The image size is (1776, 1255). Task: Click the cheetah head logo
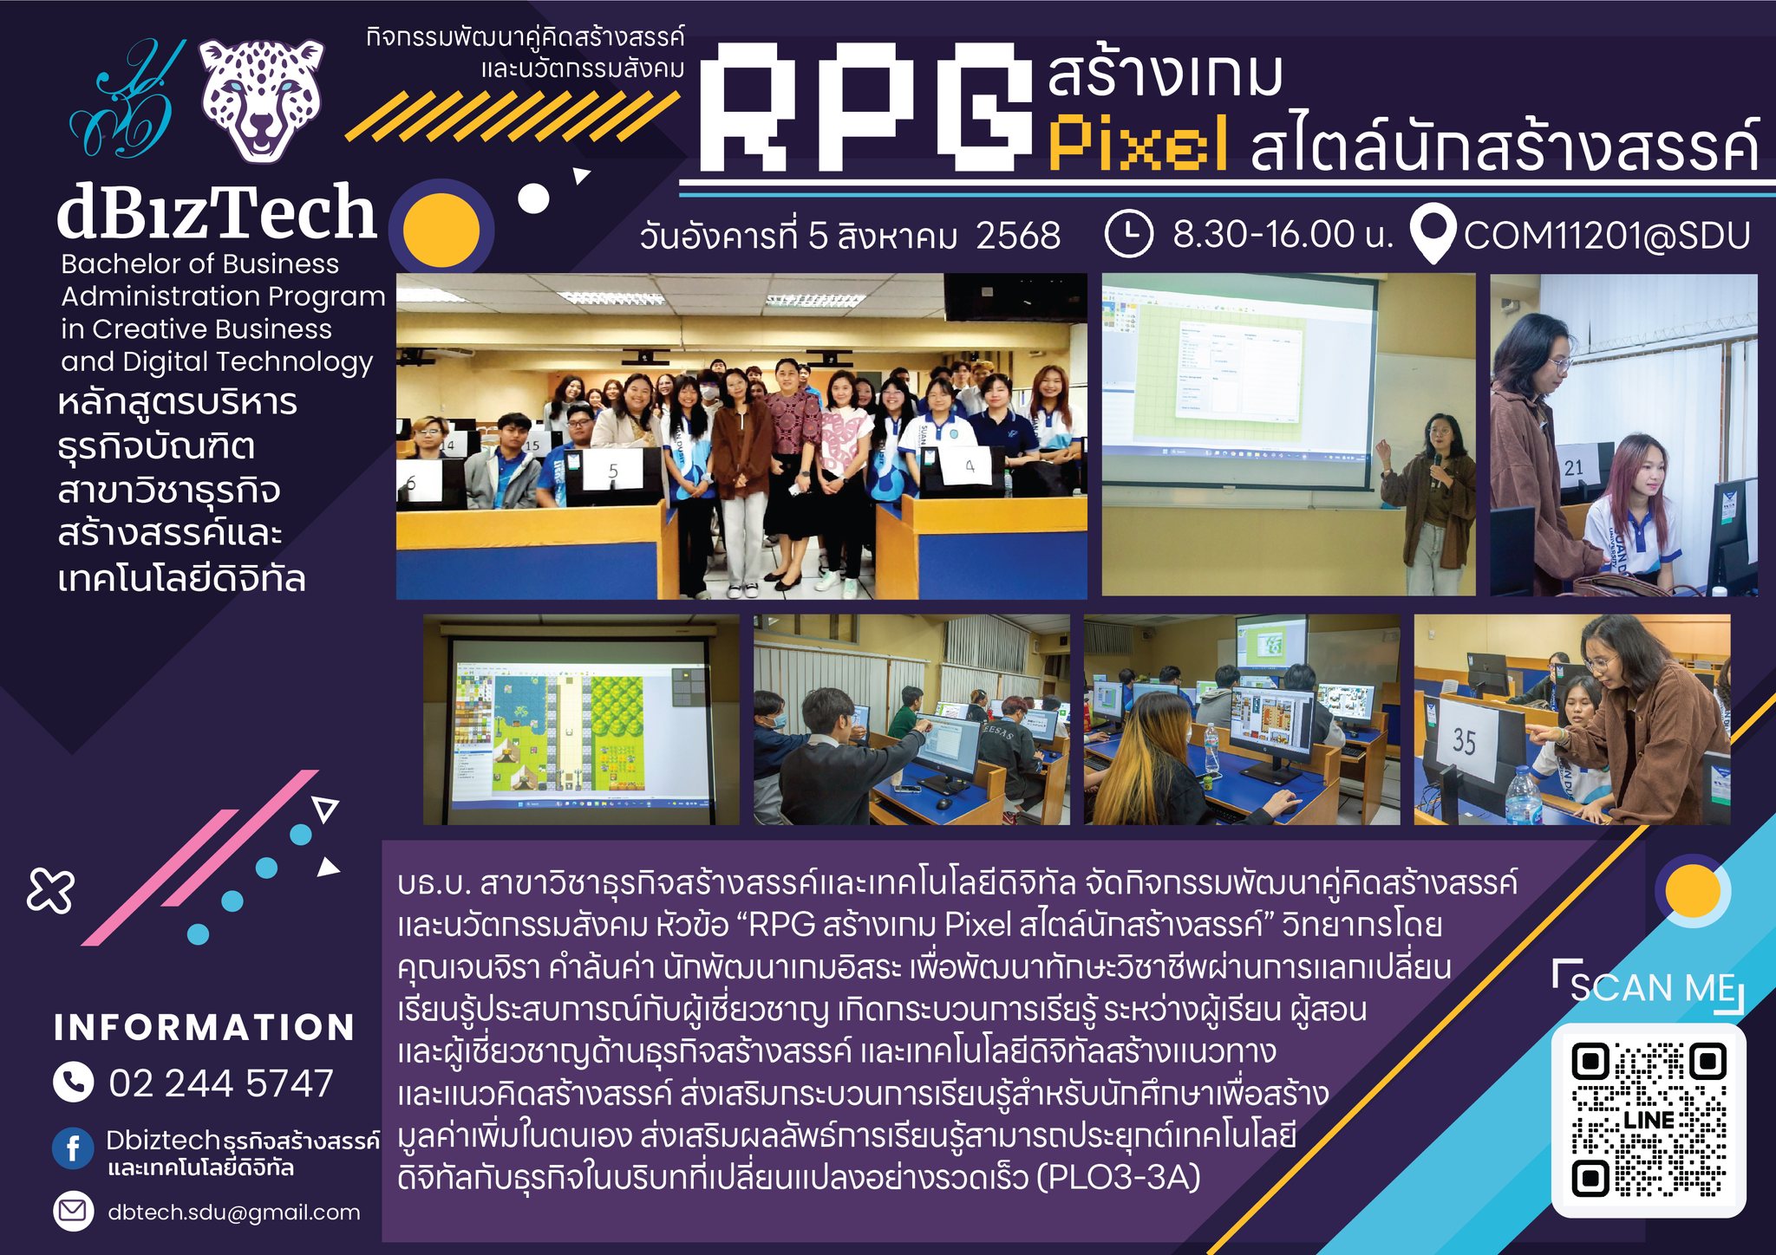tap(262, 101)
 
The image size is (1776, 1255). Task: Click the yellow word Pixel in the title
tap(1138, 144)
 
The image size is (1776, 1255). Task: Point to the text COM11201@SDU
tap(1607, 236)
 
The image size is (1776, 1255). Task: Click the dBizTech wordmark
tap(217, 212)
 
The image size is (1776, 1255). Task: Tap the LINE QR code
tap(1649, 1120)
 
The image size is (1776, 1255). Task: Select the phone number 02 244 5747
tap(221, 1083)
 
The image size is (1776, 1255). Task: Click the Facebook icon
tap(73, 1148)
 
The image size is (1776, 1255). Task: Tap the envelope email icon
tap(73, 1211)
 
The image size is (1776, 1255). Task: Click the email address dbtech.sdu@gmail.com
tap(234, 1212)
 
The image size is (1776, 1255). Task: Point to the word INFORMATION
tap(205, 1028)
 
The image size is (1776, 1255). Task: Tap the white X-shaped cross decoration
tap(50, 889)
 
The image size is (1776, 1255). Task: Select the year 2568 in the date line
tap(1018, 236)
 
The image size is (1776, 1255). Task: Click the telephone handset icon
tap(73, 1083)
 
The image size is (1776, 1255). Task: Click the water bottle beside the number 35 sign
tap(1523, 795)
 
